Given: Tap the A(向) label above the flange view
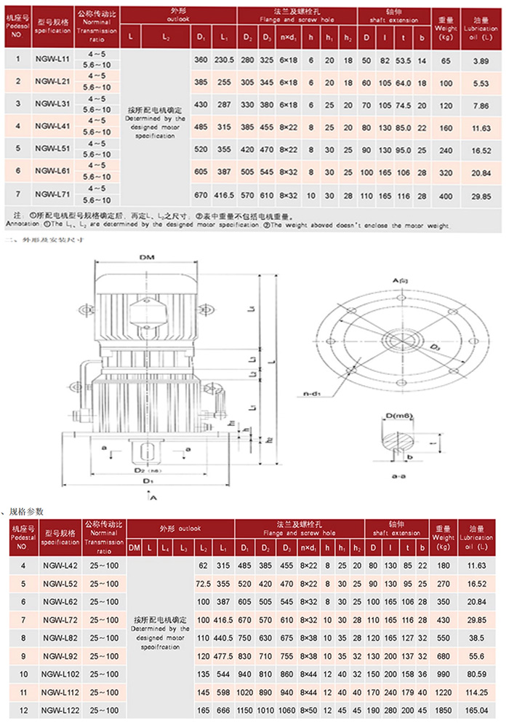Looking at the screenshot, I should point(401,280).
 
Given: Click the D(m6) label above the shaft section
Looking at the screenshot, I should point(398,415).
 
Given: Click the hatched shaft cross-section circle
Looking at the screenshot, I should point(398,440).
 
